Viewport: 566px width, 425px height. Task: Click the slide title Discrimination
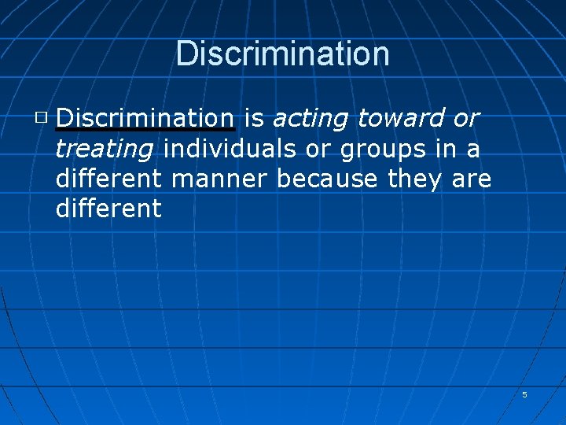pos(283,54)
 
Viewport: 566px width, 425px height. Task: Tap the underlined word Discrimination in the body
pos(145,118)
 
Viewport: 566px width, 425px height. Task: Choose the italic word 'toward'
pos(400,118)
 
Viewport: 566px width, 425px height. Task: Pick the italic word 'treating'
pos(104,150)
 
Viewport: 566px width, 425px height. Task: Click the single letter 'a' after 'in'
pos(474,150)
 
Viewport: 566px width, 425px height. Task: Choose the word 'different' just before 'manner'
pos(108,179)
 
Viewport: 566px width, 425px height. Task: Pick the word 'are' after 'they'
pos(472,180)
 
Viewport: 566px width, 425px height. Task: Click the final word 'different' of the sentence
pos(108,209)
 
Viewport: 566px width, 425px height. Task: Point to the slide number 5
pos(524,394)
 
